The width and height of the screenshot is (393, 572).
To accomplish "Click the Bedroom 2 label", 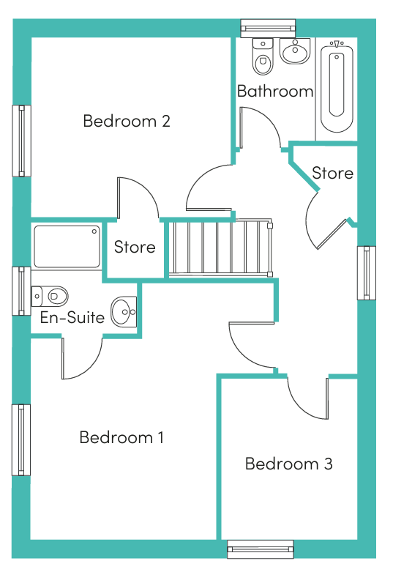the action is click(127, 121).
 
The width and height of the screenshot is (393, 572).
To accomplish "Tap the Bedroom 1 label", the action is click(121, 437).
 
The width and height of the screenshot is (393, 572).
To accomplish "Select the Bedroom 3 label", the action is click(289, 464).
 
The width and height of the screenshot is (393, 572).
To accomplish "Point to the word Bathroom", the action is click(275, 92).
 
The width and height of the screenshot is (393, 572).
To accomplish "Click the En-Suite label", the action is click(72, 317).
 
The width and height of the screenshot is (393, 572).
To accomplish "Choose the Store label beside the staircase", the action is click(135, 247).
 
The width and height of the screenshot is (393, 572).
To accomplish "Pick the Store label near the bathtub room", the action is click(332, 173).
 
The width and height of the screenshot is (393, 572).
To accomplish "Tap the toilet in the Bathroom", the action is click(263, 57).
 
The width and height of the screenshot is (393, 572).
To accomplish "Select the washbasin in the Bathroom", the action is click(295, 51).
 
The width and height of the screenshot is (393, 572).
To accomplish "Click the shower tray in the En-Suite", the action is click(67, 247).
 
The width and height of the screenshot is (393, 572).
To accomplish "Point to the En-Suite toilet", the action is click(50, 296).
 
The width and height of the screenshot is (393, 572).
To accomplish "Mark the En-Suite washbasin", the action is click(124, 312).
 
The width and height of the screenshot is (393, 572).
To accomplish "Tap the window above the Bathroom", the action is click(268, 28).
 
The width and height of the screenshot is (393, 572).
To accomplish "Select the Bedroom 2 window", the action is click(21, 141).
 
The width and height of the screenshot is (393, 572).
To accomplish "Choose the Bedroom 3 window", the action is click(261, 549).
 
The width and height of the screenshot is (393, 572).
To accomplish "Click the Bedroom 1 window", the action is click(21, 440).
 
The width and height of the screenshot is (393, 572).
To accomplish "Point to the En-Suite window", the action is click(21, 291).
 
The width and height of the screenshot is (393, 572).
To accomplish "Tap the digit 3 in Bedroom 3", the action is click(328, 464).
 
